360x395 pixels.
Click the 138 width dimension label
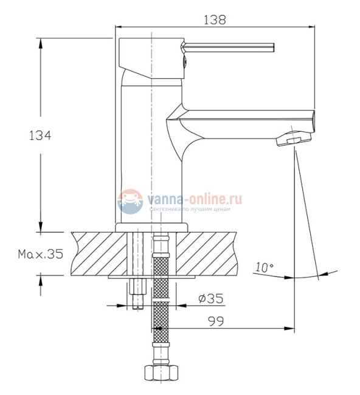point(215,20)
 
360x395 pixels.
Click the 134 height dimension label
point(40,136)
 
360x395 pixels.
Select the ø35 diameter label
point(211,298)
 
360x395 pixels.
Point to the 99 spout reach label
point(216,321)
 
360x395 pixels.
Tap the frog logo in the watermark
point(130,202)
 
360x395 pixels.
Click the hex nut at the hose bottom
point(162,373)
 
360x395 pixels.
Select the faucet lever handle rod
point(228,47)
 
